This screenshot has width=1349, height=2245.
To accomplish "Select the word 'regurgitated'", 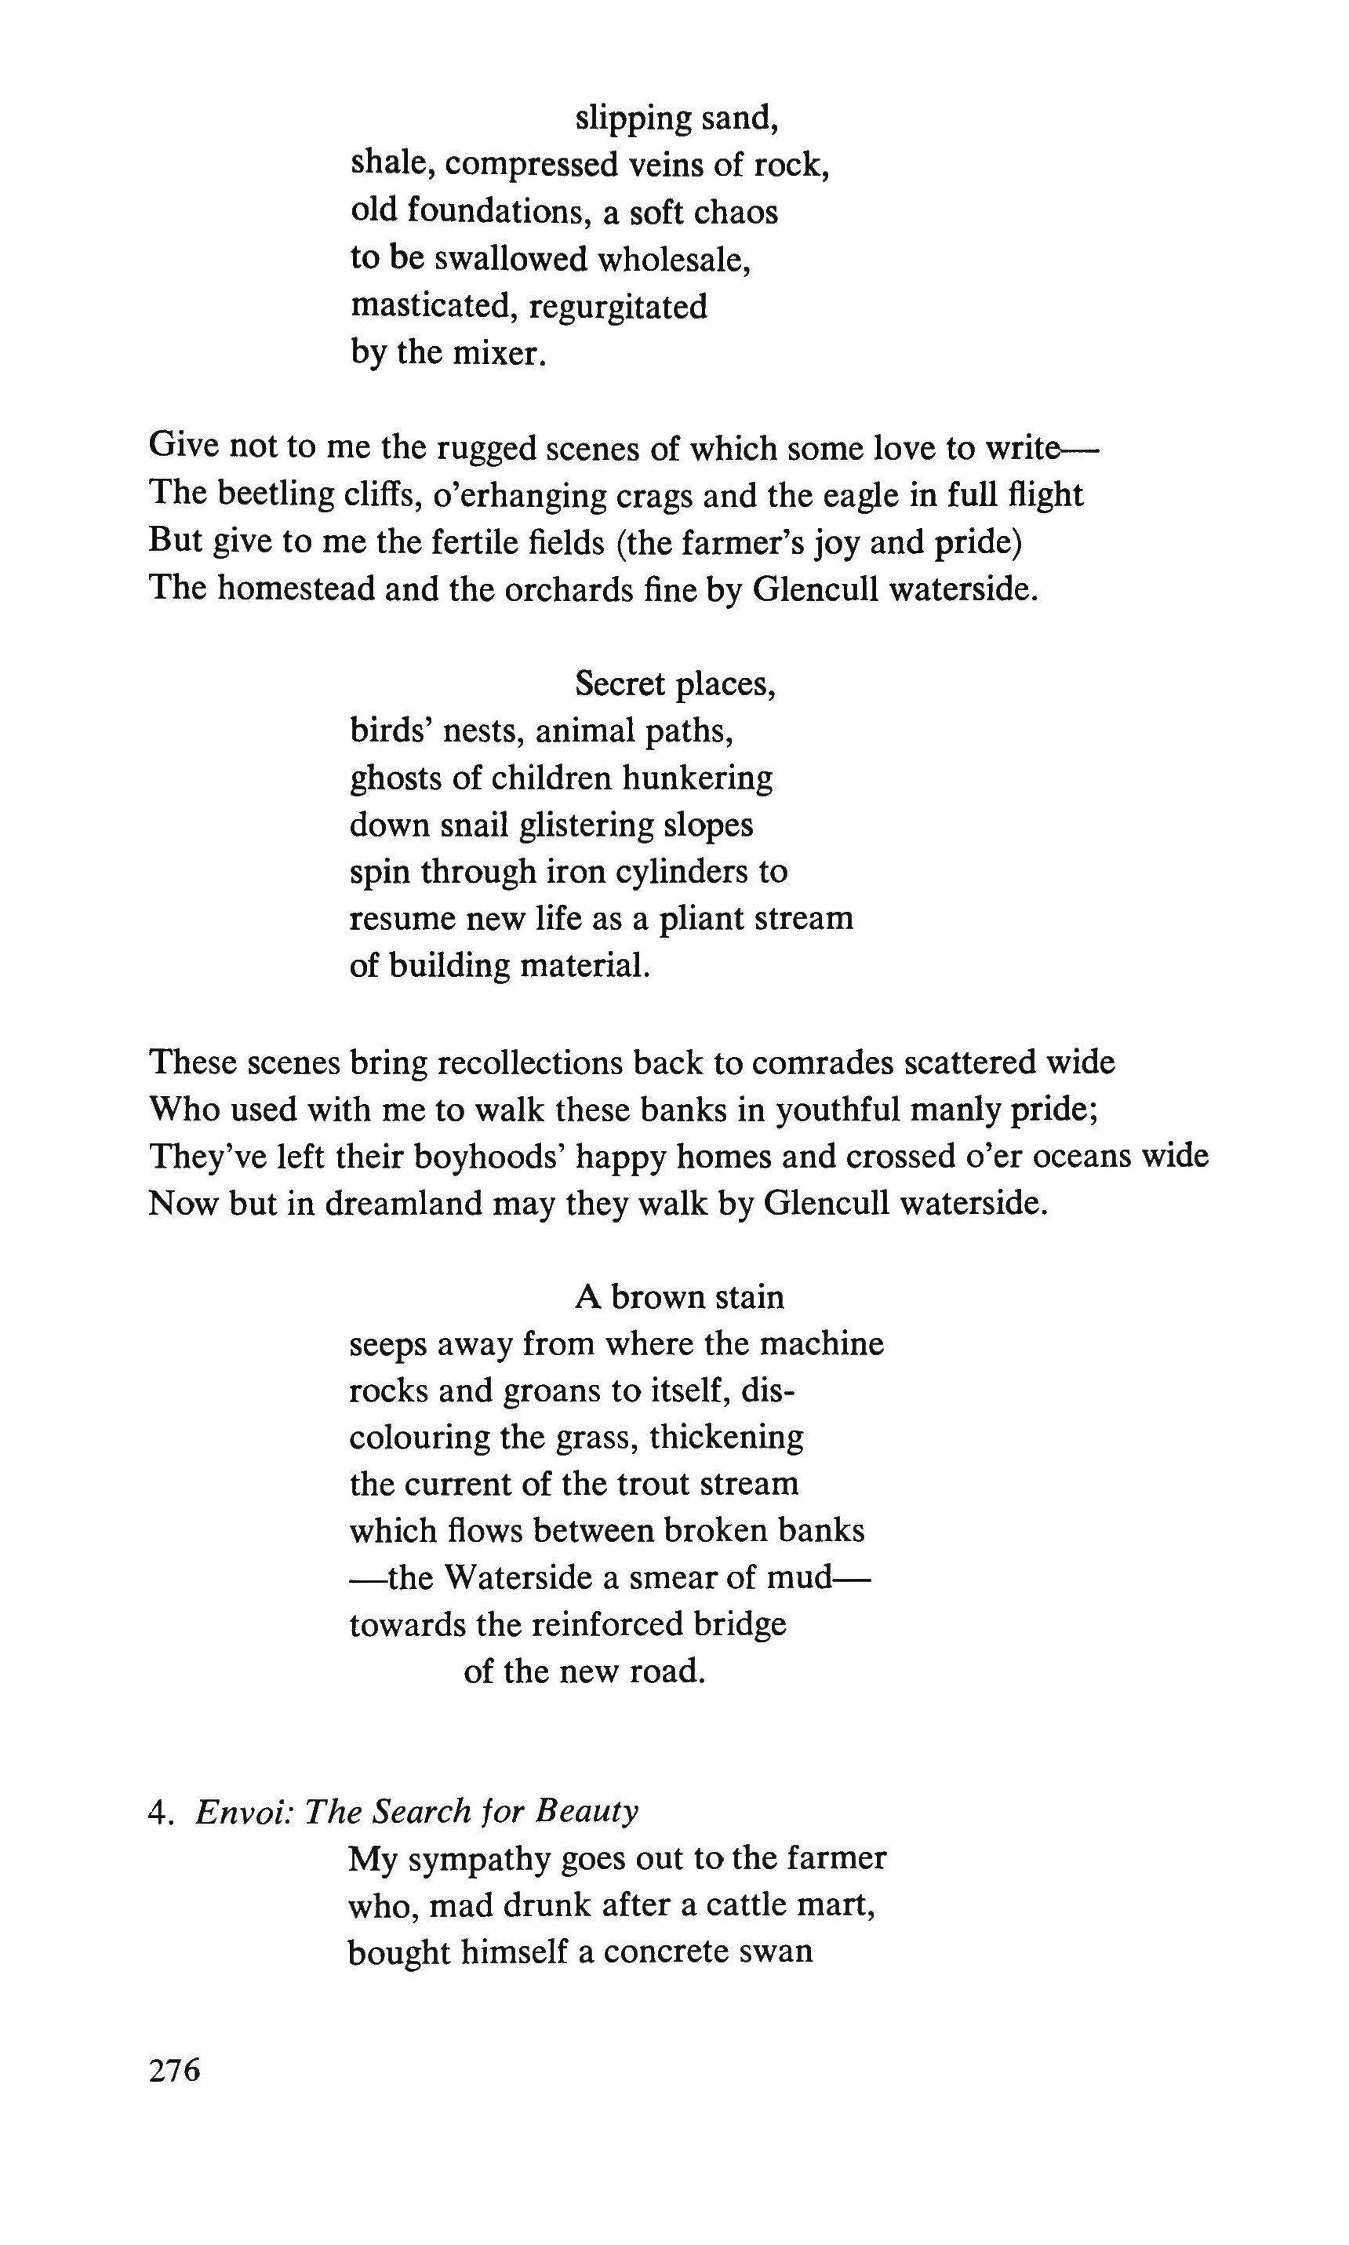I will (x=617, y=308).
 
